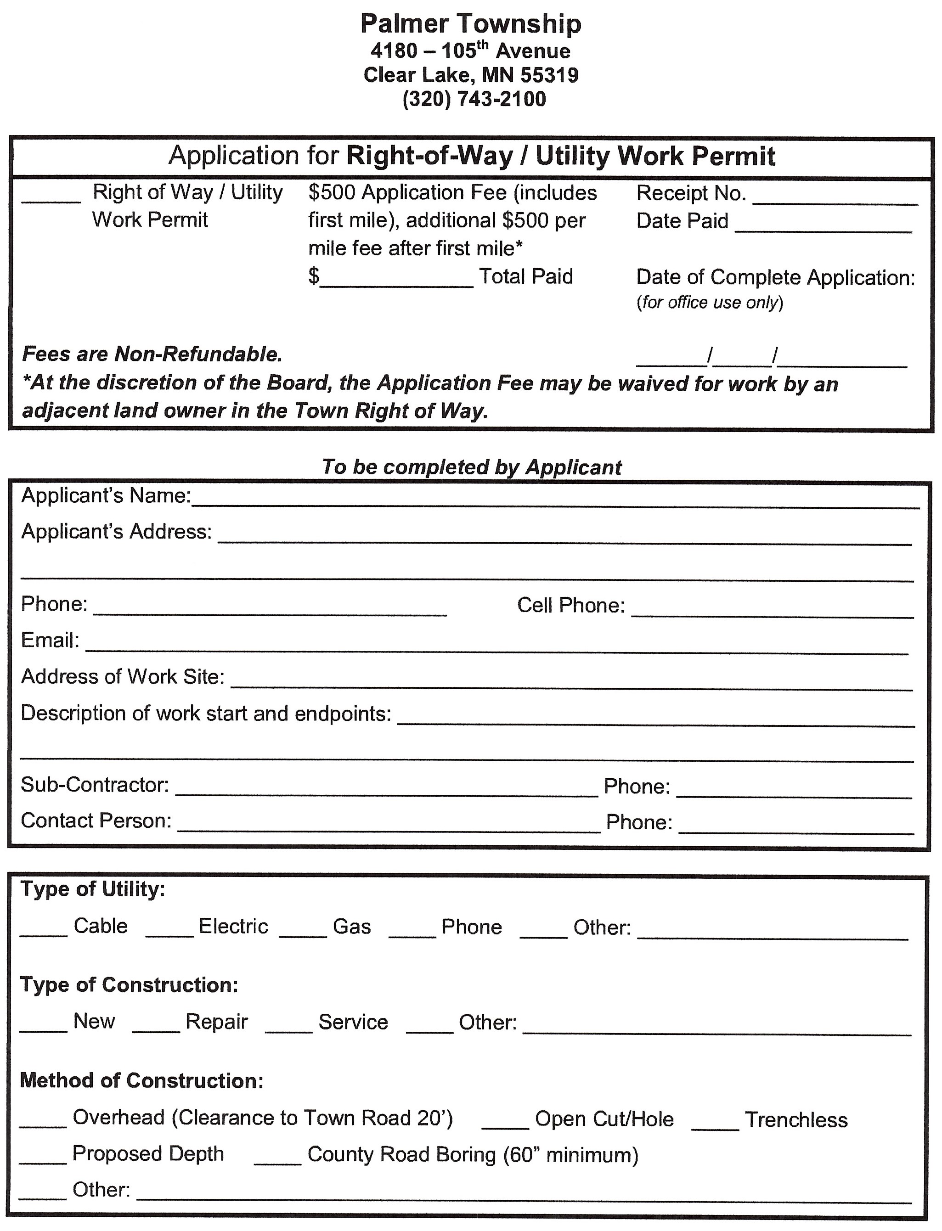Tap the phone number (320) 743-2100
(474, 99)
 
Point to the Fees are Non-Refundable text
(152, 354)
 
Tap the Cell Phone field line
(772, 611)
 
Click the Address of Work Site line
(571, 683)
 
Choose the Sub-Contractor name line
(386, 790)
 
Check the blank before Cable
(44, 931)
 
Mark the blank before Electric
(169, 931)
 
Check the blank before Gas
(303, 931)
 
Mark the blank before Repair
(156, 1026)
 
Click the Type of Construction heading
(130, 985)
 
